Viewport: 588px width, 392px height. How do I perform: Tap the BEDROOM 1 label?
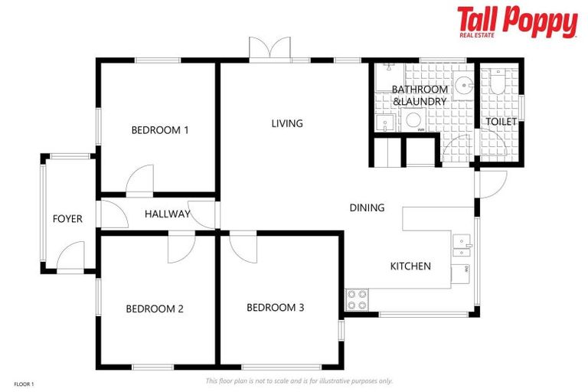(x=160, y=130)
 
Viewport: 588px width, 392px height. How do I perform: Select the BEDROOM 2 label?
(x=155, y=309)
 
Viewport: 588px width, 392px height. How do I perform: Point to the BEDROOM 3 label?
(x=276, y=308)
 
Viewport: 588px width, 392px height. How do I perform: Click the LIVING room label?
(x=287, y=123)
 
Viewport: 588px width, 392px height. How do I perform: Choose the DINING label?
(x=367, y=207)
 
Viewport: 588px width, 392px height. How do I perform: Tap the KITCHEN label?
(x=410, y=266)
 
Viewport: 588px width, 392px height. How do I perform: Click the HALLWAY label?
(x=167, y=214)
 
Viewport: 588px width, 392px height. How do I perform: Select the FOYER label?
(x=67, y=219)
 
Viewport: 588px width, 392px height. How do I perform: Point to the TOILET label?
(x=501, y=122)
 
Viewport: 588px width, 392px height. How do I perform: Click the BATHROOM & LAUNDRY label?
(x=419, y=96)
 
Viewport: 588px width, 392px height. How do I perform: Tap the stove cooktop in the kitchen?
(x=357, y=299)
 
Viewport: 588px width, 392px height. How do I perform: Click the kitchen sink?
(x=461, y=246)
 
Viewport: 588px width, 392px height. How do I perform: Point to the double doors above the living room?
(x=269, y=47)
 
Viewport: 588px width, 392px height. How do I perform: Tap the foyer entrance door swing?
(x=71, y=256)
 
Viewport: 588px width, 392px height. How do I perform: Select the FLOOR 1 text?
(x=24, y=383)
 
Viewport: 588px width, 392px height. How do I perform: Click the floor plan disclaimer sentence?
(x=299, y=381)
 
